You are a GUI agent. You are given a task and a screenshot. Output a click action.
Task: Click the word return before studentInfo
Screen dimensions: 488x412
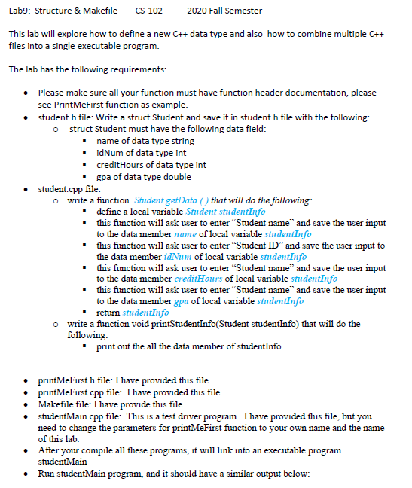pyautogui.click(x=109, y=312)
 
